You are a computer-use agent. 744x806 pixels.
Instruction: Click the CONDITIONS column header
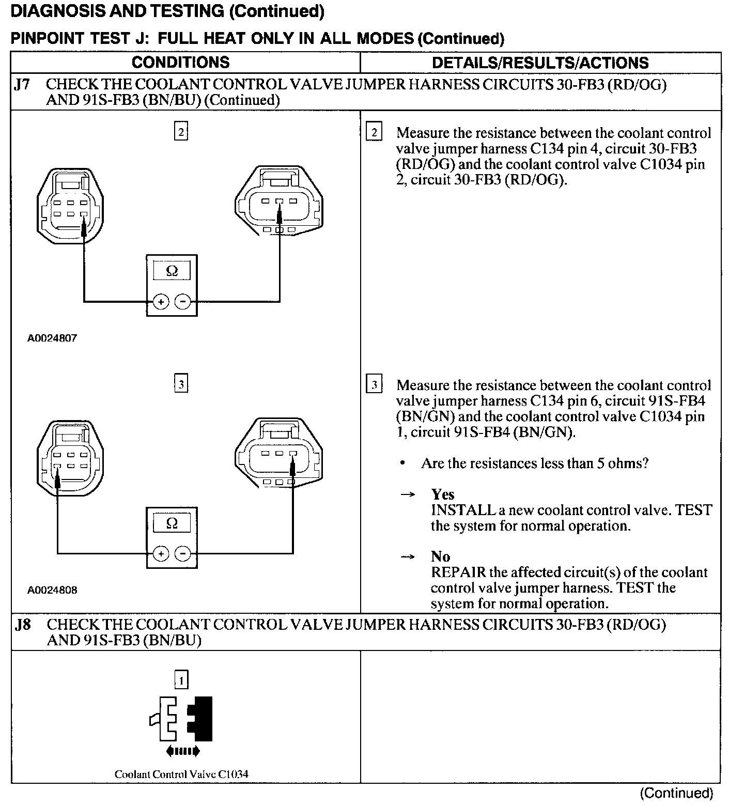180,63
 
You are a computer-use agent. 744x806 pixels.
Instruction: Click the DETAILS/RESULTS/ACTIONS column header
540,63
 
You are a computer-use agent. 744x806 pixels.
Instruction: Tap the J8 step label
23,625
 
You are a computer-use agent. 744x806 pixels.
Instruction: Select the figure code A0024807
52,338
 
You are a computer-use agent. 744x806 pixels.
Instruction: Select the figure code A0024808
52,590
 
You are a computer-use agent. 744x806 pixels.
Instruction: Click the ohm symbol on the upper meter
172,271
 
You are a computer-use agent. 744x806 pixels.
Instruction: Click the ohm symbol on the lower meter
172,523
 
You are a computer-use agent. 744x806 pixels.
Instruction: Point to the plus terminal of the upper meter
161,302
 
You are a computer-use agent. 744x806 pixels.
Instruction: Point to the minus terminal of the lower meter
183,554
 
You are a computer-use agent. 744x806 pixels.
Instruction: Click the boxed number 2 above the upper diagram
181,132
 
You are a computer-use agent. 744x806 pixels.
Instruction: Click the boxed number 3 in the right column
374,384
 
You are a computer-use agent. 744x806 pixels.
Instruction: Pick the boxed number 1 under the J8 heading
181,680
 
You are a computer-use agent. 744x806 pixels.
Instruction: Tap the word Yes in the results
443,494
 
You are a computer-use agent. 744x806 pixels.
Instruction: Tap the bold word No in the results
441,556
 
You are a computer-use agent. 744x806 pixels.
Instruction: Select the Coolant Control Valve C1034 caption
181,774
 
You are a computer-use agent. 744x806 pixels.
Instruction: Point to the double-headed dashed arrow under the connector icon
182,751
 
